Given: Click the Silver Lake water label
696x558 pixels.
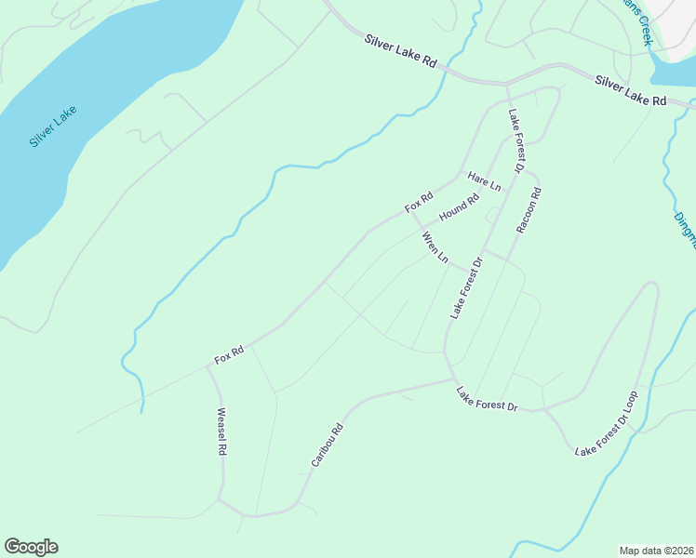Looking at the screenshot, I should point(53,127).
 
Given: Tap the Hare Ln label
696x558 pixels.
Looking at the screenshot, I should point(484,181).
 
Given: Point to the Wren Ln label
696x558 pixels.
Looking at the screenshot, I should point(435,248).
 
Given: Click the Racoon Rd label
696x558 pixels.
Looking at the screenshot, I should point(529,210).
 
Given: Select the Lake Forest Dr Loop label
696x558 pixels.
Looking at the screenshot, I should point(607,424).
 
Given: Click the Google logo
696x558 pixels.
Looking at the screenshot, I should point(31,547).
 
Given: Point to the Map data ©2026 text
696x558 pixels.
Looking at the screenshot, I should point(657,550).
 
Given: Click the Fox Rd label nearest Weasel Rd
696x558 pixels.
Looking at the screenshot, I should point(229,353).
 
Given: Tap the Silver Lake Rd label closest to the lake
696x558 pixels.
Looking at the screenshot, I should point(400,51).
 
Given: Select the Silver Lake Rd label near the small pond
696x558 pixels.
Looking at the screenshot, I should point(631,90).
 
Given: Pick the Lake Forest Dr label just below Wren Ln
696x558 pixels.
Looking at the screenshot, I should point(468,287).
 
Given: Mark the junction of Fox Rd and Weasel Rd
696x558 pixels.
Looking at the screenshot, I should point(208,366).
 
